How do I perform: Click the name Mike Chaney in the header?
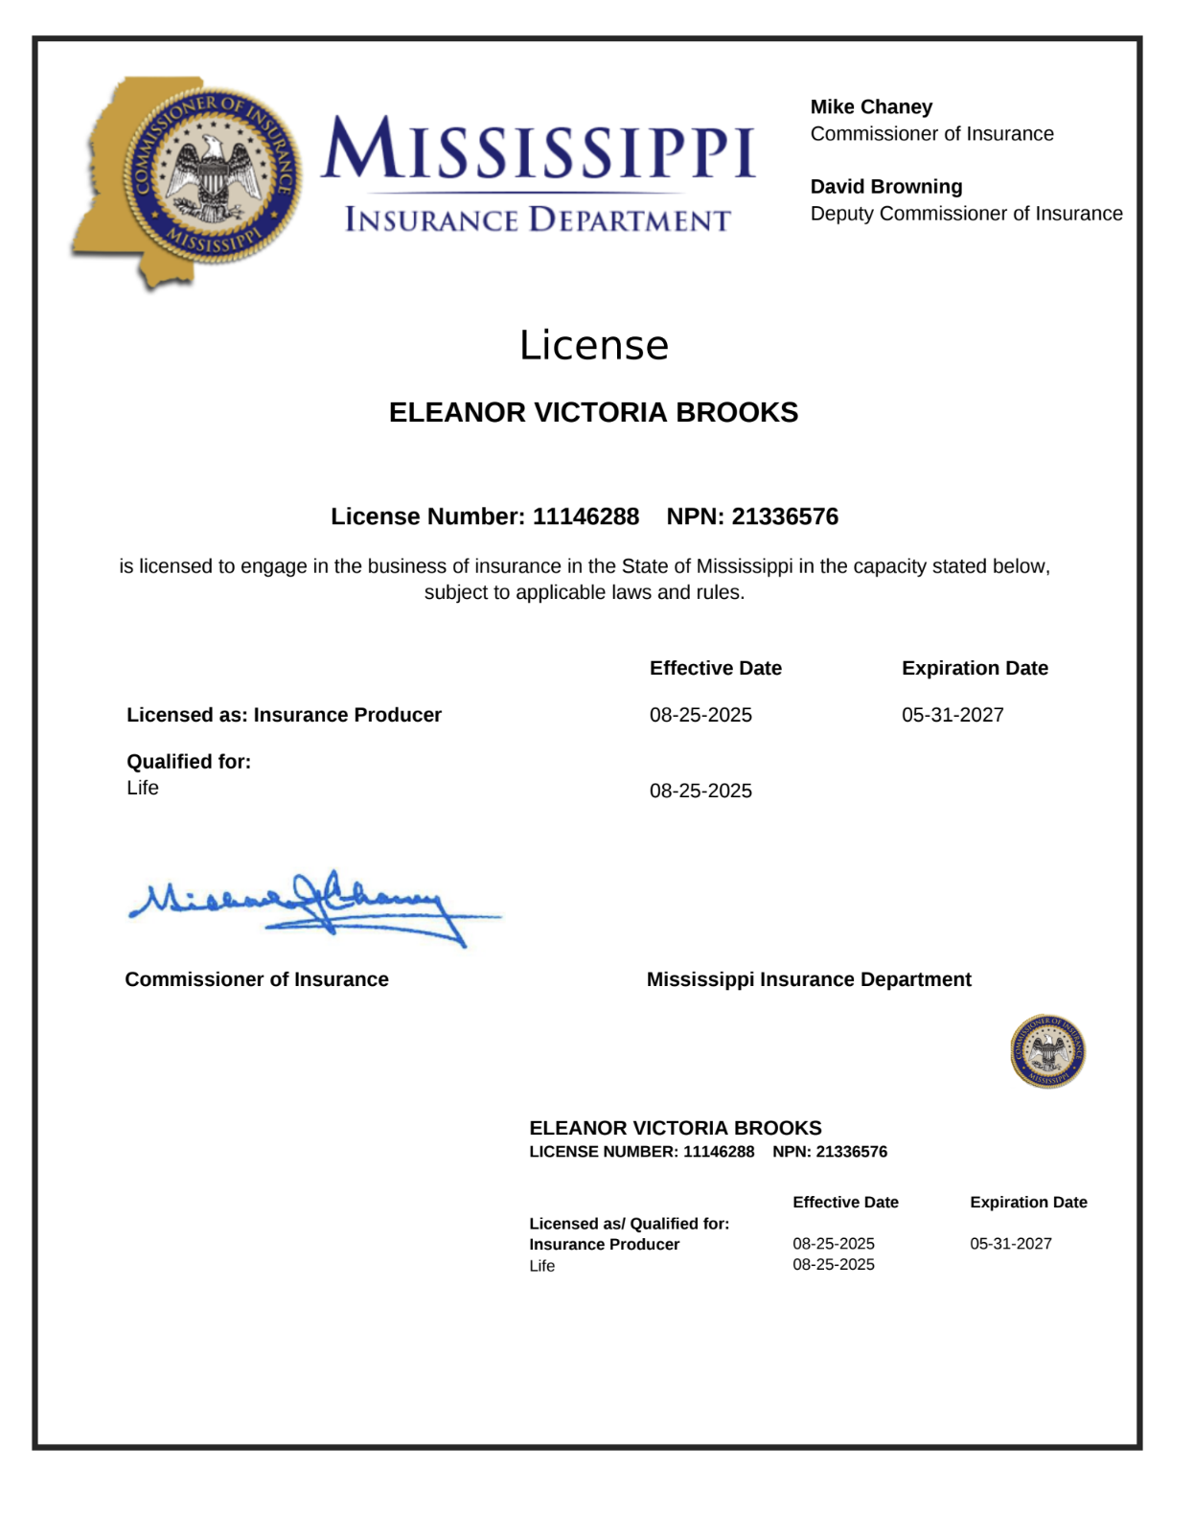pyautogui.click(x=871, y=107)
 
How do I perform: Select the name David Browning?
pyautogui.click(x=886, y=187)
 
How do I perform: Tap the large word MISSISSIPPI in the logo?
pyautogui.click(x=538, y=150)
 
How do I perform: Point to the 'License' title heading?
pyautogui.click(x=594, y=346)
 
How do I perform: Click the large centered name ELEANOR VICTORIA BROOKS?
pyautogui.click(x=593, y=412)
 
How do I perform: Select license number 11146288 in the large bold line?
pyautogui.click(x=586, y=517)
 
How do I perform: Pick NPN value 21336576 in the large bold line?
pyautogui.click(x=785, y=517)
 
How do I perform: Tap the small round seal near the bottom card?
pyautogui.click(x=1047, y=1051)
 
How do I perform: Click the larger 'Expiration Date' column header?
pyautogui.click(x=975, y=668)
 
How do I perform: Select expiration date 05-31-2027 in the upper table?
pyautogui.click(x=953, y=715)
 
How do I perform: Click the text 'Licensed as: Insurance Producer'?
pyautogui.click(x=284, y=715)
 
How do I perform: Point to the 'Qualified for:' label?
pyautogui.click(x=189, y=762)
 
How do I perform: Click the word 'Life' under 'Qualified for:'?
pyautogui.click(x=143, y=788)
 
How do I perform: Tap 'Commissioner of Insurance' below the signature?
pyautogui.click(x=257, y=979)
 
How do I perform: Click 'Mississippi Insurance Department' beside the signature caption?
pyautogui.click(x=809, y=979)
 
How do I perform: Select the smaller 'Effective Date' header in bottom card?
pyautogui.click(x=845, y=1202)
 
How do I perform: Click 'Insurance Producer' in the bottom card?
pyautogui.click(x=604, y=1244)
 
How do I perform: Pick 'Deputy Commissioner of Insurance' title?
pyautogui.click(x=966, y=214)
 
